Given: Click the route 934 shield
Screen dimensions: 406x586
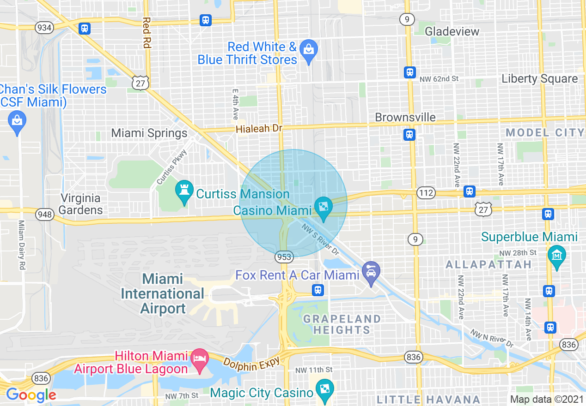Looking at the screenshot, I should pos(44,28).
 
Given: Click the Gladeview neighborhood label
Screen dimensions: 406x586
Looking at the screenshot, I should pos(452,31).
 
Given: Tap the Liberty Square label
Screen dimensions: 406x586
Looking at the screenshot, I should pos(540,78).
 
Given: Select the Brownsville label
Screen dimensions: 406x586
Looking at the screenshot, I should pos(405,117).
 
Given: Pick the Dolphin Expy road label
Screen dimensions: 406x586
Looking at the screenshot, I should pos(252,363).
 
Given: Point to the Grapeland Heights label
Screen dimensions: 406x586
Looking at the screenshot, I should pos(342,324).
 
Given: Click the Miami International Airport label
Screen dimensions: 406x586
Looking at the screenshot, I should pos(162,293).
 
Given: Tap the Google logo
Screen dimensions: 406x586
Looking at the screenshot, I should pos(31,395).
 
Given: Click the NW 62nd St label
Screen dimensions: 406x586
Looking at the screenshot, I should pos(439,79).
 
